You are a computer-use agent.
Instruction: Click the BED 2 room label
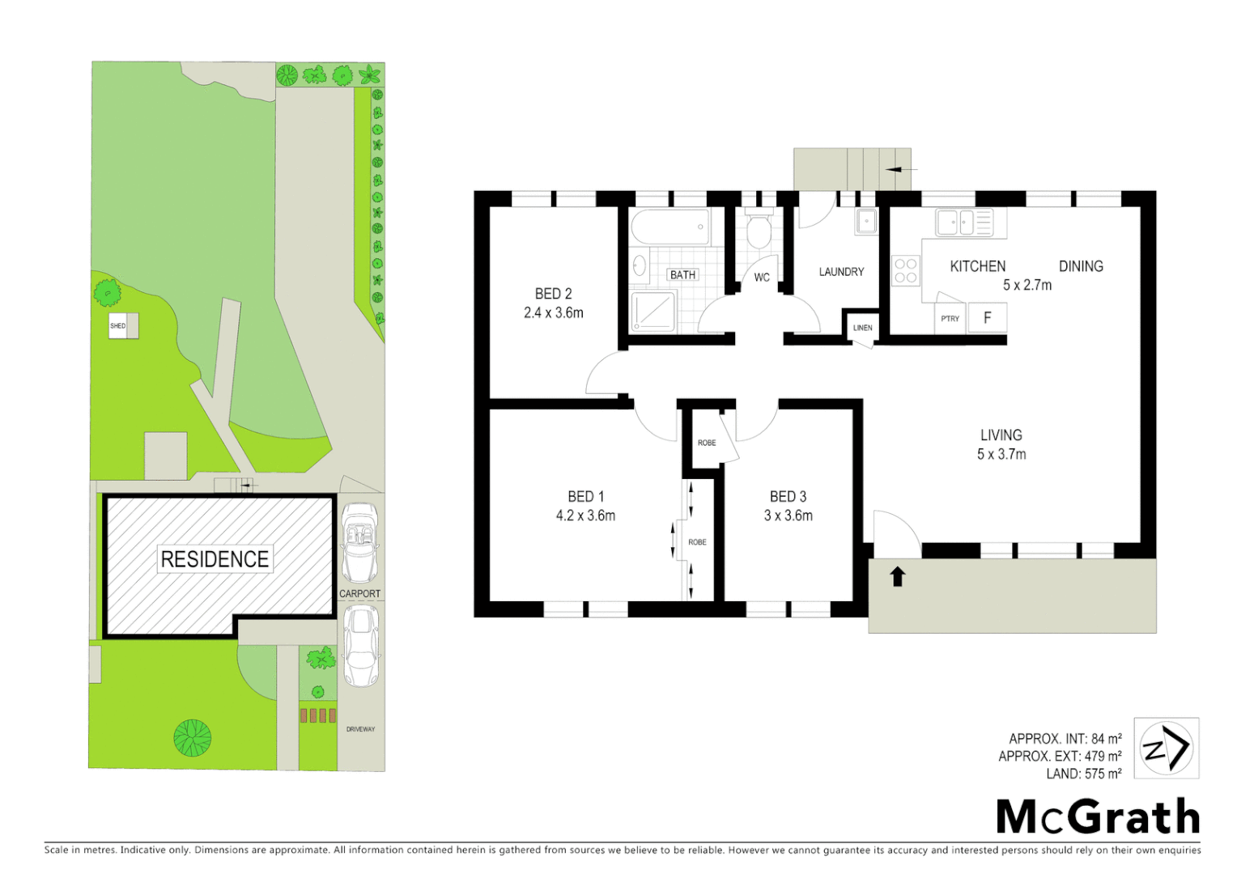553,294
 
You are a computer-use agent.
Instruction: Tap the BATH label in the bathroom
682,275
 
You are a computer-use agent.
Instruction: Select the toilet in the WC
759,231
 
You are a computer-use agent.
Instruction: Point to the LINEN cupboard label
862,328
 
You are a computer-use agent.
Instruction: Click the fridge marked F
987,318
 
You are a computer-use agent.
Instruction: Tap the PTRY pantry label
950,319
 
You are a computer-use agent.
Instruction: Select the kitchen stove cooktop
906,271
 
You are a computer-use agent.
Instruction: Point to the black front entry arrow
897,576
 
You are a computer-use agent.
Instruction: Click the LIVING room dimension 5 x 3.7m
1001,455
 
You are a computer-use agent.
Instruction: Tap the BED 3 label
788,497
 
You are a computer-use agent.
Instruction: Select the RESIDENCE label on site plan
215,559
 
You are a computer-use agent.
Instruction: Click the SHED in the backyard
123,326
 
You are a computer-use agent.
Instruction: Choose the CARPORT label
359,593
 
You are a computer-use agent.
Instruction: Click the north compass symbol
1166,749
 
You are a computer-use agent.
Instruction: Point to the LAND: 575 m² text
1083,774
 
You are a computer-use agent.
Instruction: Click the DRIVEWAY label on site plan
360,729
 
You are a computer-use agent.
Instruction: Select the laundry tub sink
866,221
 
